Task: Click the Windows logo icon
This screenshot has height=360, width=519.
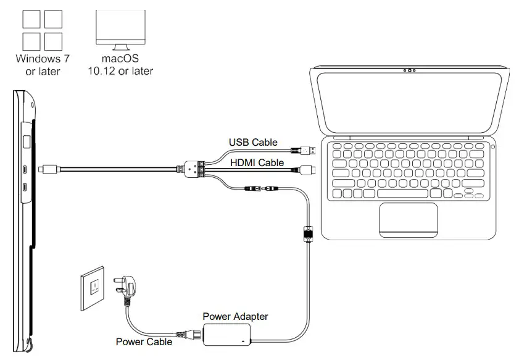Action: (x=42, y=29)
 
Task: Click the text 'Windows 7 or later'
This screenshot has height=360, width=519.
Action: (x=43, y=65)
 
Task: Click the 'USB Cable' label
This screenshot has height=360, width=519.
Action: (x=253, y=143)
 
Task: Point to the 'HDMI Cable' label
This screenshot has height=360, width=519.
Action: (x=257, y=163)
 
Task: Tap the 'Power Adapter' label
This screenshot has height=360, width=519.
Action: (x=235, y=317)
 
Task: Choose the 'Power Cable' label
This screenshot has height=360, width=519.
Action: (x=144, y=341)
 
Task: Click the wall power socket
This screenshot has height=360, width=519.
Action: (x=94, y=288)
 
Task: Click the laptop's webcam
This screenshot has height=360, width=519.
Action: (x=409, y=70)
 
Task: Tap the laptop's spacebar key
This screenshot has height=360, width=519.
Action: (x=407, y=194)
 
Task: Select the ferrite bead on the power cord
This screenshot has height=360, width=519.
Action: (x=307, y=234)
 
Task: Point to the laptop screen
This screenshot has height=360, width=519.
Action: (x=409, y=105)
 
